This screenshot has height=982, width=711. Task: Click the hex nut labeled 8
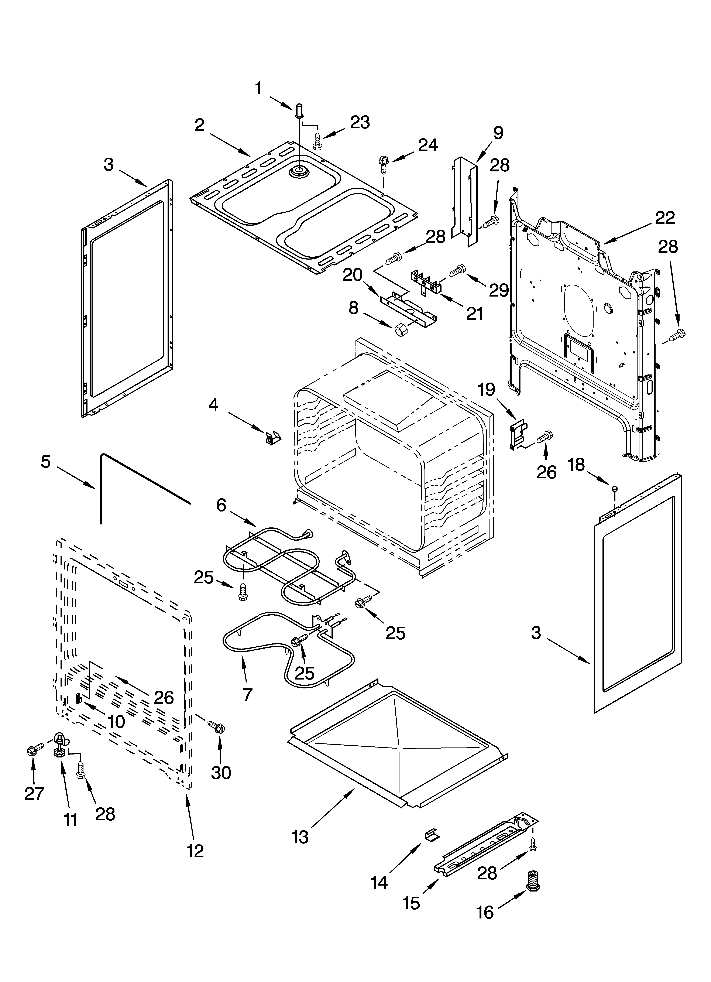click(399, 330)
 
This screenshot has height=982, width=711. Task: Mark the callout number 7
click(247, 694)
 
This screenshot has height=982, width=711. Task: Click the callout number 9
click(498, 133)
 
